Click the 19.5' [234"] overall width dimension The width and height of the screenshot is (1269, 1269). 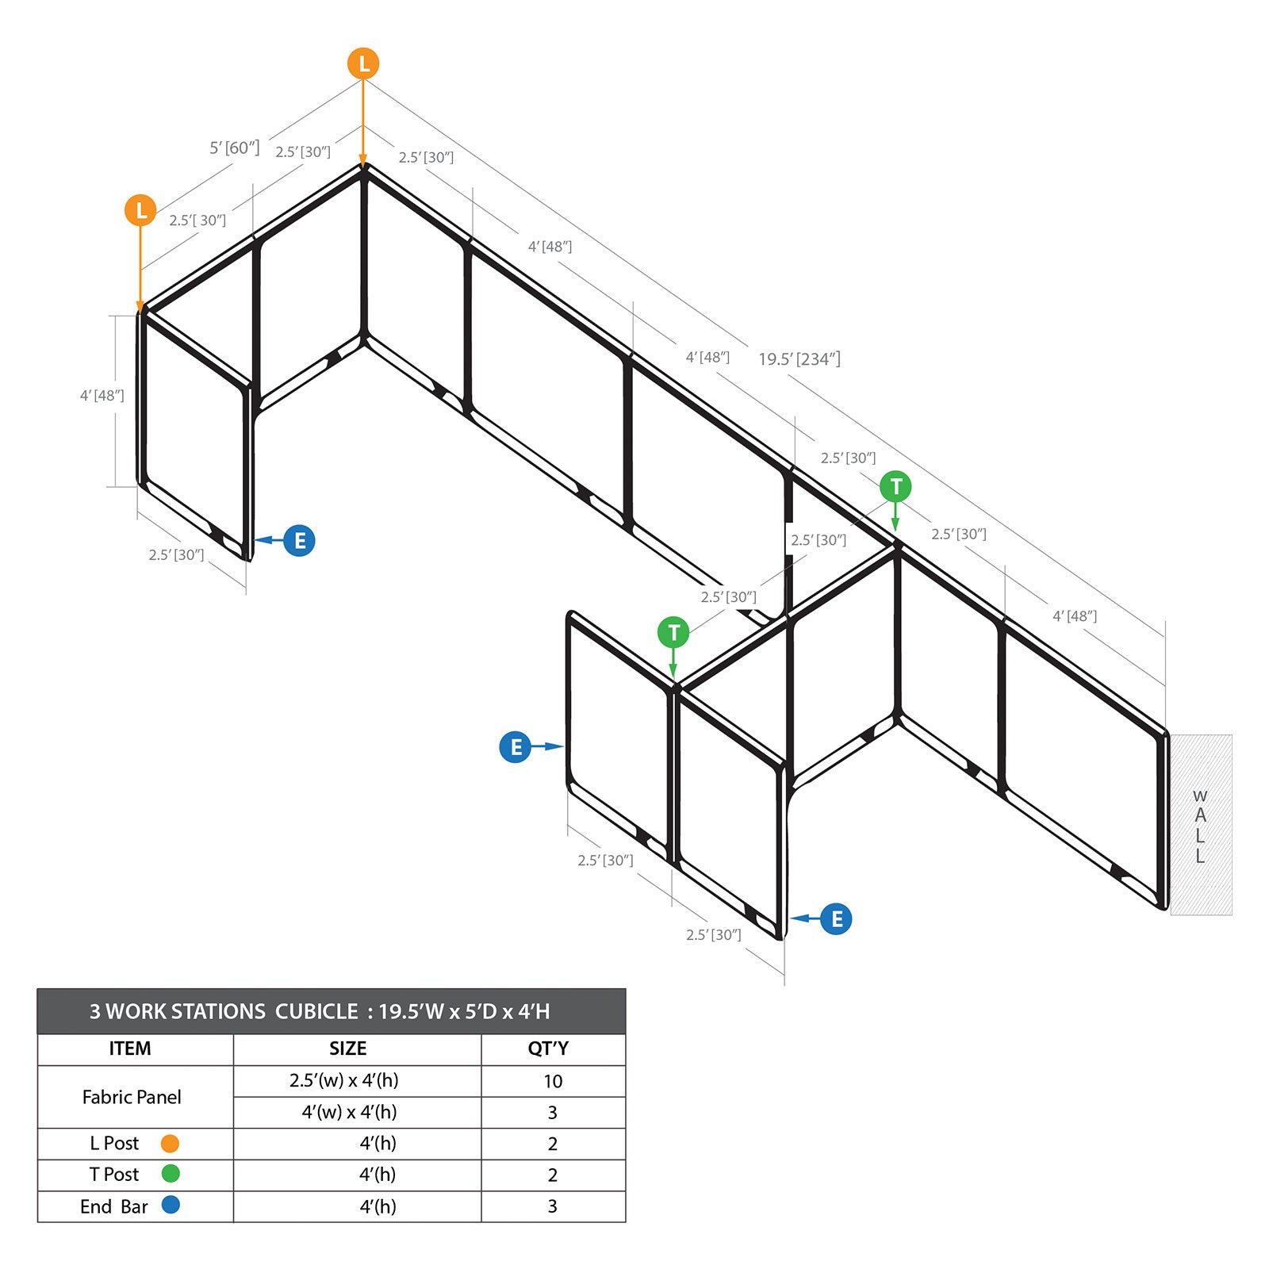click(799, 359)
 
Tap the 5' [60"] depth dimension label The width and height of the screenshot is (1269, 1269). click(234, 148)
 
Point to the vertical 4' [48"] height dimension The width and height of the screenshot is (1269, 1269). click(102, 395)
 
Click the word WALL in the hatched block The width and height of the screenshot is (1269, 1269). click(1200, 826)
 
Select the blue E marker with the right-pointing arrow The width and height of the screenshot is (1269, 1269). click(516, 746)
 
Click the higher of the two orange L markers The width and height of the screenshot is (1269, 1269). click(363, 63)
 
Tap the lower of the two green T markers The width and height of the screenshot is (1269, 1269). click(673, 633)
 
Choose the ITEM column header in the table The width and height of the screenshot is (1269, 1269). click(130, 1049)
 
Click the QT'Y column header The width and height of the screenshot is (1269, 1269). click(548, 1049)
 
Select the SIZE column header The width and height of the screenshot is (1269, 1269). click(347, 1049)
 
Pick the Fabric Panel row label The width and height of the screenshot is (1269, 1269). click(132, 1097)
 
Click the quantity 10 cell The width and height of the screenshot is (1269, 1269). click(553, 1081)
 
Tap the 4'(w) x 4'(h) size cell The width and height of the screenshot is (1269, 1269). click(349, 1112)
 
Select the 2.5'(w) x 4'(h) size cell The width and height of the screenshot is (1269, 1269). click(344, 1080)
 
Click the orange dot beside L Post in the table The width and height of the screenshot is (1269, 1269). click(170, 1143)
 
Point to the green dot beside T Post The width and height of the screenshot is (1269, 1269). click(171, 1173)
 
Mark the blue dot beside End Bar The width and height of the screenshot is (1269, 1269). click(171, 1205)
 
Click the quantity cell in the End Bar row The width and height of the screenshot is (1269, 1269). click(553, 1206)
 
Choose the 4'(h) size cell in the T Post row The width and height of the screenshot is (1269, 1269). click(378, 1175)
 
